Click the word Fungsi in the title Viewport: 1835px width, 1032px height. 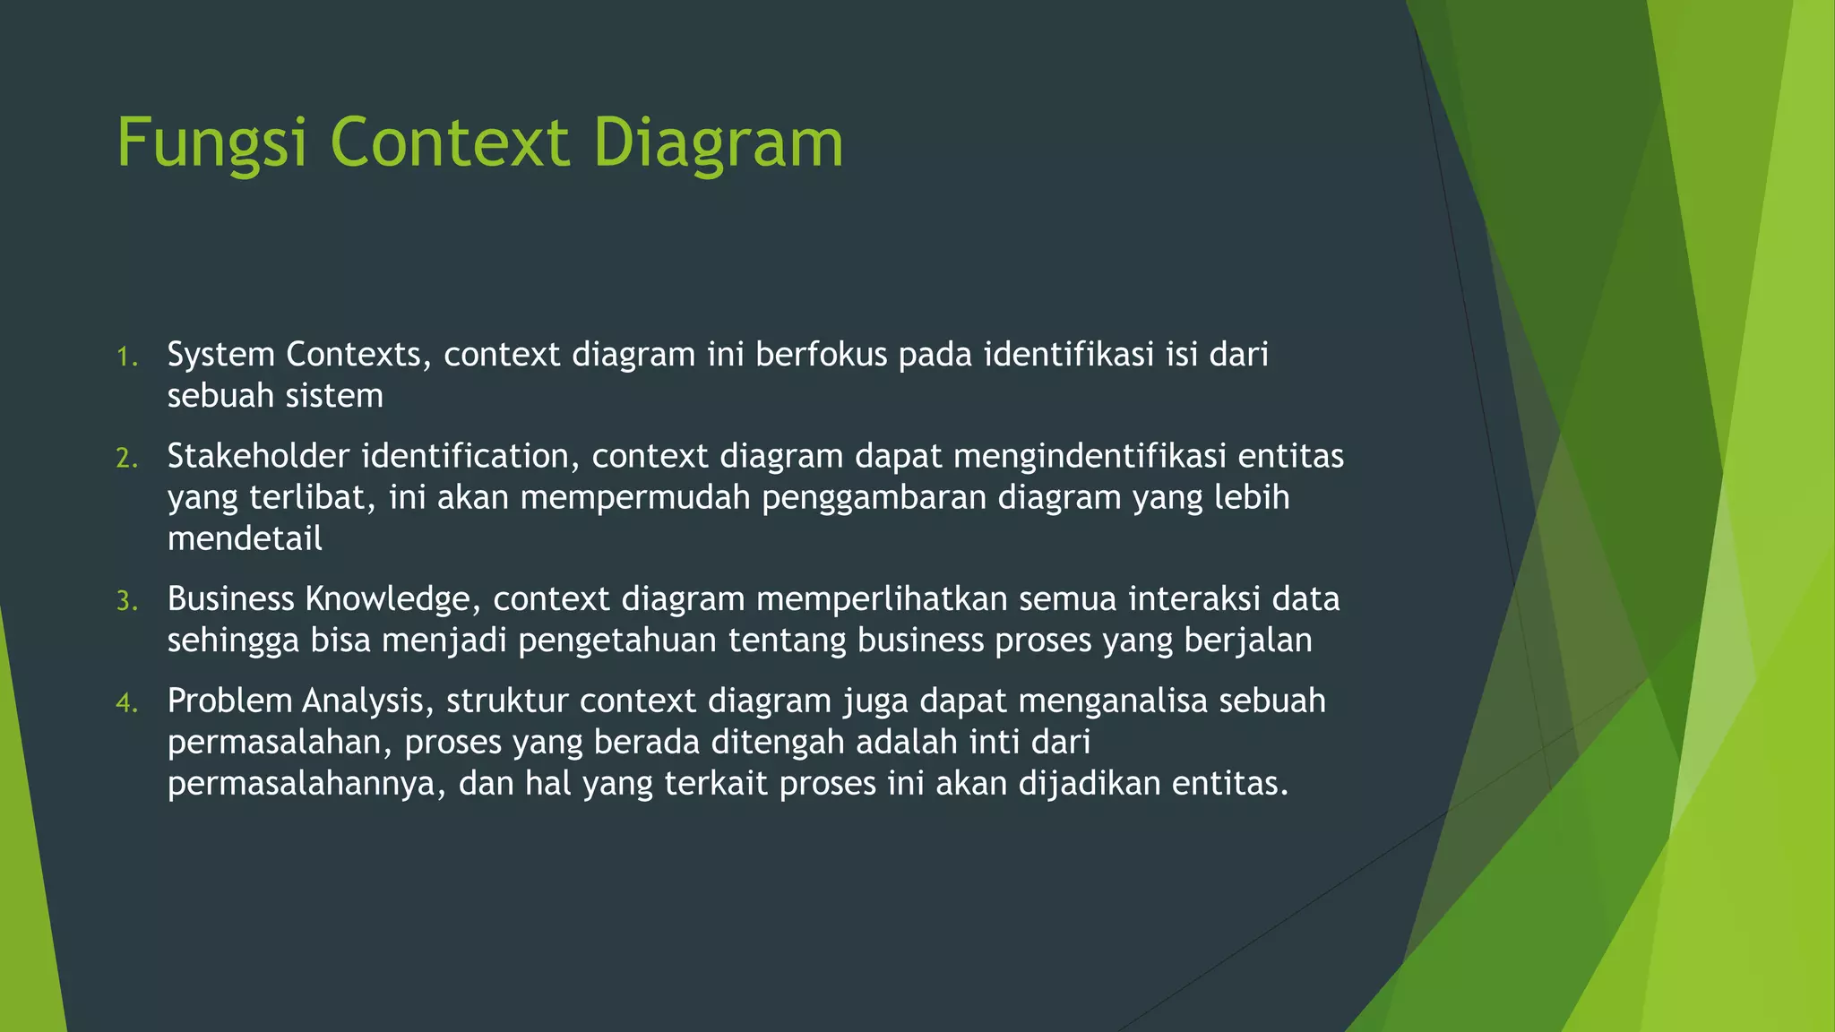click(x=213, y=143)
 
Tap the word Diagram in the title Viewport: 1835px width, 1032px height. click(x=718, y=143)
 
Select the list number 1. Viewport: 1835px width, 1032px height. click(x=126, y=357)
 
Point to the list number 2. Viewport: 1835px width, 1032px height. click(x=126, y=459)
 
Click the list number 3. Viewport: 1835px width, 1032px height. click(x=126, y=601)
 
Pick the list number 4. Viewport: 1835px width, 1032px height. click(x=126, y=703)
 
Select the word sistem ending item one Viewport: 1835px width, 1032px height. click(x=340, y=396)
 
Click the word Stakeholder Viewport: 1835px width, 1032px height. click(x=258, y=456)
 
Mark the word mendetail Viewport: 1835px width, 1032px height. click(x=245, y=538)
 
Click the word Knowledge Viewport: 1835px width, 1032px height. click(x=386, y=598)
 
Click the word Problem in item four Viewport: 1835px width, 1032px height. click(x=229, y=701)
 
